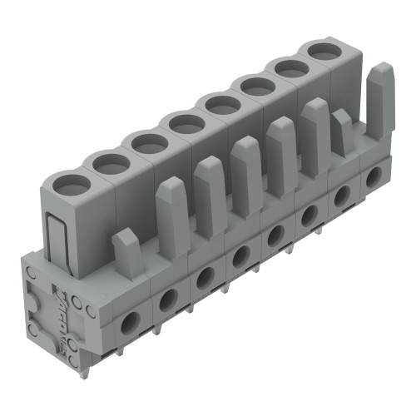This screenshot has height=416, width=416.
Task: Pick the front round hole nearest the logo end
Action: [x=131, y=321]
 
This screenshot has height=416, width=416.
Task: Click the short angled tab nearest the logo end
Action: [x=128, y=250]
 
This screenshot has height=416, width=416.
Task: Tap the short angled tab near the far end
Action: [x=341, y=132]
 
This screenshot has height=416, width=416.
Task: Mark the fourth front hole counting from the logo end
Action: [x=240, y=255]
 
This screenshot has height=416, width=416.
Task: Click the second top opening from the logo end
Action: [x=106, y=163]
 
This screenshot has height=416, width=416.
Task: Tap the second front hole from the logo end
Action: [x=167, y=298]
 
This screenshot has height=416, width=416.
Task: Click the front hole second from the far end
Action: [x=340, y=196]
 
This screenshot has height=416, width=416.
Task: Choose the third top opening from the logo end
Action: [x=146, y=142]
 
